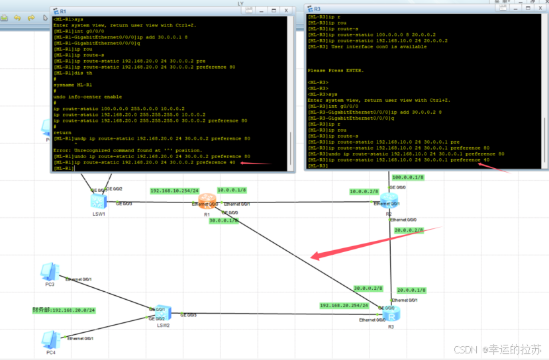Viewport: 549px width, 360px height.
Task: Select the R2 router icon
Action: [389, 201]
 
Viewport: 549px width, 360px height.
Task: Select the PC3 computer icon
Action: [48, 272]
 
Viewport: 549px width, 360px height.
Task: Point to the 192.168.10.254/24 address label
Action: [174, 191]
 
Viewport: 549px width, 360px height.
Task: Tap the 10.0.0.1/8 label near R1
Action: [232, 190]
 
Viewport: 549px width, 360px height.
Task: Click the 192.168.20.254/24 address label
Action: [344, 306]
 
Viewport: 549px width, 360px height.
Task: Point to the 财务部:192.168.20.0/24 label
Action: [64, 310]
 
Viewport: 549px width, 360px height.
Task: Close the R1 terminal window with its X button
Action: [285, 11]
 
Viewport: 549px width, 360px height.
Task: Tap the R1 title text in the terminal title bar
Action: [63, 11]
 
